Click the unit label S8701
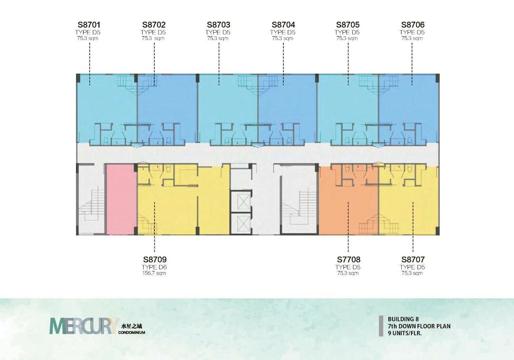[x=89, y=25]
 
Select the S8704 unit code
[x=283, y=25]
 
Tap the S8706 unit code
[x=413, y=25]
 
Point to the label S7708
[x=349, y=260]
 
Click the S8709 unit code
[x=155, y=260]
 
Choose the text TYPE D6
[x=154, y=267]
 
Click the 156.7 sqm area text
[x=154, y=273]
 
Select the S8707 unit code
[x=413, y=260]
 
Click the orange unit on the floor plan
[x=348, y=202]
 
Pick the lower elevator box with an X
[x=241, y=223]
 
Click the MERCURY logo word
[x=85, y=326]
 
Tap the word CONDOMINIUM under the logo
[x=132, y=332]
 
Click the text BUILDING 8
[x=403, y=319]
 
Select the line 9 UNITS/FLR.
[x=405, y=333]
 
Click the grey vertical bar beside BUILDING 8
[x=381, y=326]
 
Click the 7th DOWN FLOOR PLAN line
[x=419, y=326]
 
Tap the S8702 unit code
[x=154, y=25]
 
